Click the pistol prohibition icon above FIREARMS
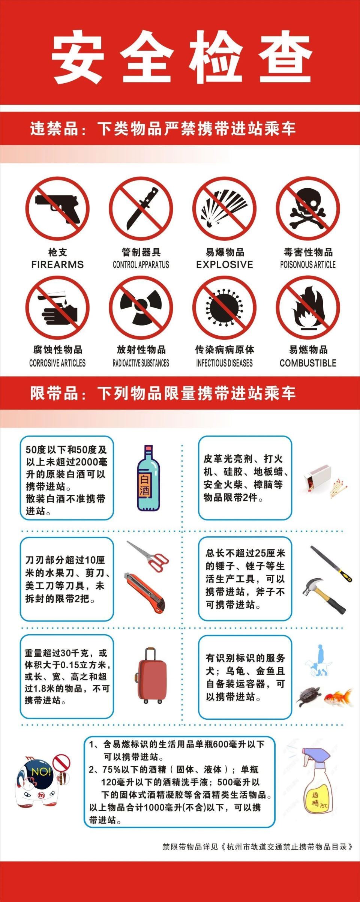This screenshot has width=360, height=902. (57, 209)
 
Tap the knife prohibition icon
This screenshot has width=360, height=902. (141, 209)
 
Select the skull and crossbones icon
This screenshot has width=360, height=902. (308, 209)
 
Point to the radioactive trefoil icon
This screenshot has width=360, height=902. (141, 308)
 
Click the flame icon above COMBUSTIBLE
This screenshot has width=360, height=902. (308, 308)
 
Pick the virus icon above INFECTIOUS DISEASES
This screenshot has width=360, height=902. (224, 308)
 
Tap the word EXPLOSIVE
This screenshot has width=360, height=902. (224, 264)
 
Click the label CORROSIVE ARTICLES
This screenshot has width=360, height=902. (57, 363)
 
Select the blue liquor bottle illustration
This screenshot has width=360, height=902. (148, 478)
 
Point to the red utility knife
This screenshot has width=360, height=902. (144, 593)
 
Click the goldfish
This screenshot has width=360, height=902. (338, 698)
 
